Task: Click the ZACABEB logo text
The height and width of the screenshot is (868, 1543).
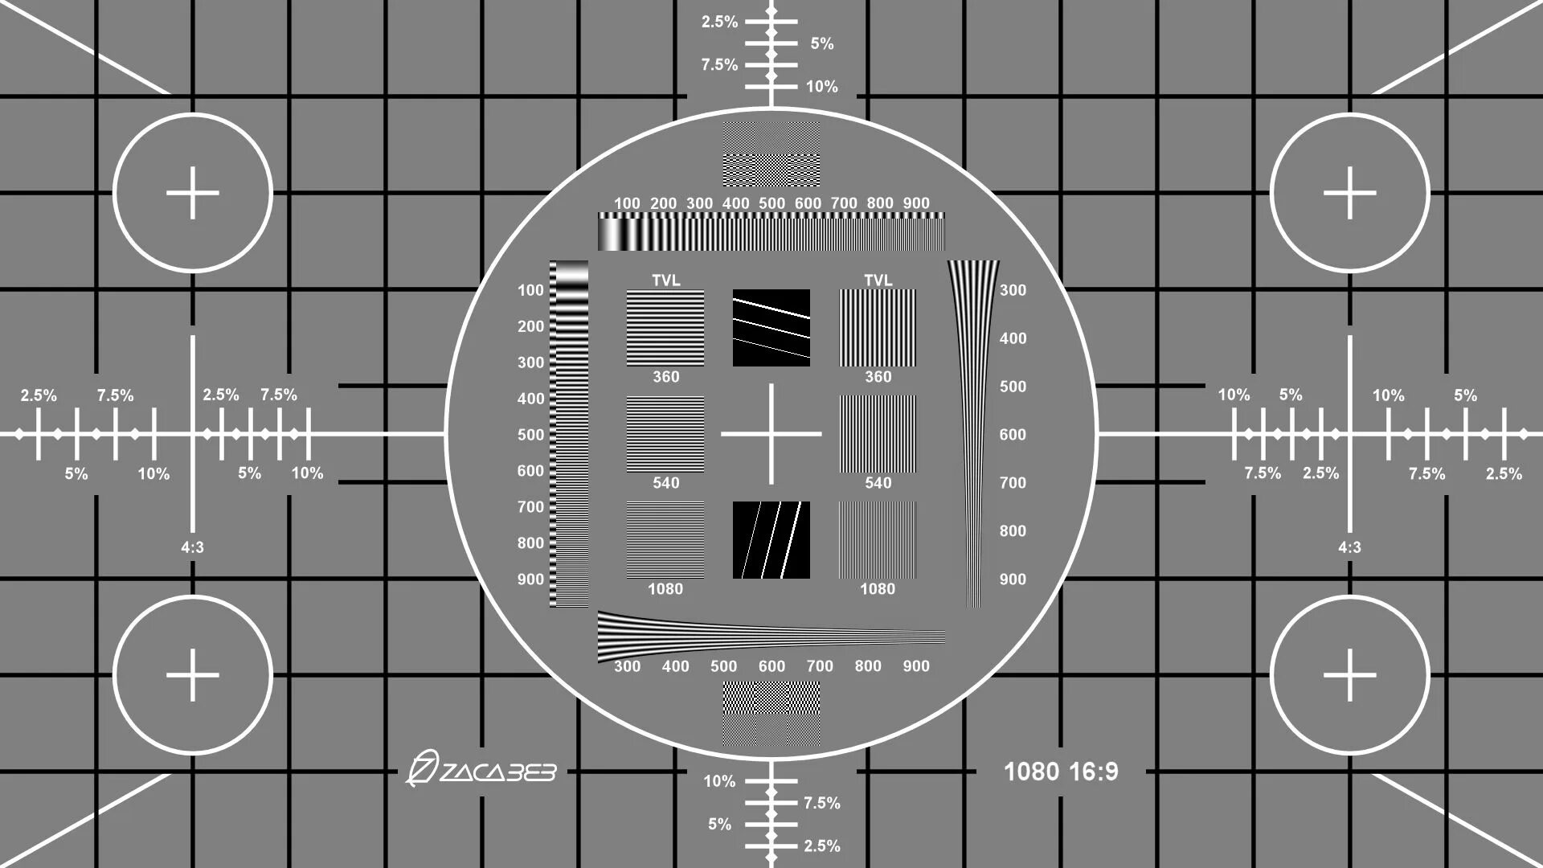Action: click(482, 771)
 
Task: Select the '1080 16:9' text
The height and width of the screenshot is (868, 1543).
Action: click(1061, 772)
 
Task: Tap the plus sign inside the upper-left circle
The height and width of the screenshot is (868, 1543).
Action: click(193, 193)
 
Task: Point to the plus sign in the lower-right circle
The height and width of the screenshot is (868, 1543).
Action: click(1349, 675)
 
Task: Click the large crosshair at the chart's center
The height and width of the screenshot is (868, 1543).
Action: click(771, 434)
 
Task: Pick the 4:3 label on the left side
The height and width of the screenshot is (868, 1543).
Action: click(192, 547)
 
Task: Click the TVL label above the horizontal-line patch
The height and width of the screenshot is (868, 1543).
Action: click(665, 280)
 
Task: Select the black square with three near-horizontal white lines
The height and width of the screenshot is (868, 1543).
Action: click(771, 328)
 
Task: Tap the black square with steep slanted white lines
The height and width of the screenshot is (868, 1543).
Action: click(771, 540)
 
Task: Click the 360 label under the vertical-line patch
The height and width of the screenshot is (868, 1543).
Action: click(878, 376)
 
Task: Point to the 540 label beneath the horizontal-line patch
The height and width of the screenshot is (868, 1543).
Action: click(665, 482)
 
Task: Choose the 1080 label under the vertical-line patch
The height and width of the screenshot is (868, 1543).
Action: click(878, 588)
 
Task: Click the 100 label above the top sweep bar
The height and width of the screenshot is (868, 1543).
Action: click(627, 203)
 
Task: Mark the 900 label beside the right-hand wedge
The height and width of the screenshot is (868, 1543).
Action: click(1013, 579)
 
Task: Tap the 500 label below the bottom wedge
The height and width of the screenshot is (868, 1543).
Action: click(723, 665)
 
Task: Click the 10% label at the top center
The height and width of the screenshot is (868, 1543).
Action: click(821, 86)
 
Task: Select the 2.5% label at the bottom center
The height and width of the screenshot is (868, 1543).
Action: click(821, 845)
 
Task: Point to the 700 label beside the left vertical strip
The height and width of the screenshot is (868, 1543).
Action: click(530, 506)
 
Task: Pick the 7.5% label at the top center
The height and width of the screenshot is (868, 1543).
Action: click(719, 64)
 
